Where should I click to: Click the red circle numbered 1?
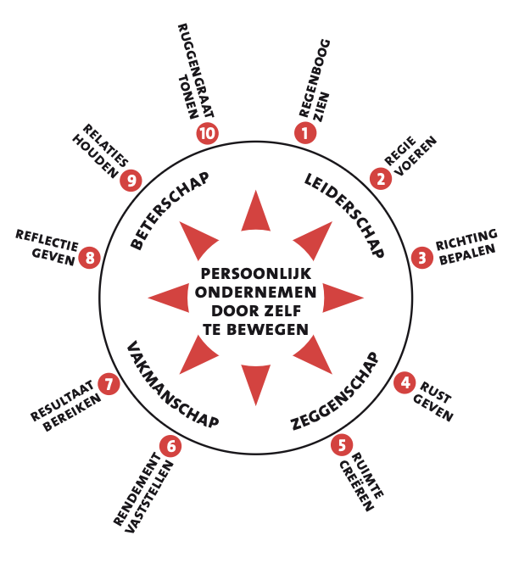tap(304, 132)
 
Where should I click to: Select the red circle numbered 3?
tap(421, 257)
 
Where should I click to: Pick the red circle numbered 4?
tap(406, 383)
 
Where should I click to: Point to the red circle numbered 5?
tap(341, 443)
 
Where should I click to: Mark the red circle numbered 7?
tap(108, 384)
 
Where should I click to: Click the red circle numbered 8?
tap(90, 257)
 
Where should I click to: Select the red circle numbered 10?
tap(207, 132)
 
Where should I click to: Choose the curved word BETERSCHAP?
tap(170, 211)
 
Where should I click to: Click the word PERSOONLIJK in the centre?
tap(256, 274)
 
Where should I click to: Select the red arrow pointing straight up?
tap(256, 213)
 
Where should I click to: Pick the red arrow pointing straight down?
tap(256, 382)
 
